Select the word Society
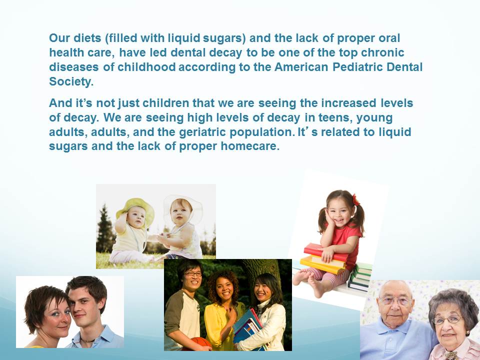[x=71, y=81]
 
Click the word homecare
[x=250, y=146]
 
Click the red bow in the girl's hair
[x=355, y=200]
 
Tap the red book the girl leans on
[x=325, y=252]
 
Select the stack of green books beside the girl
[x=360, y=276]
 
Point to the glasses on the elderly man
[x=394, y=301]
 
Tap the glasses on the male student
[x=193, y=274]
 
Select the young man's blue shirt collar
[x=101, y=336]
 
